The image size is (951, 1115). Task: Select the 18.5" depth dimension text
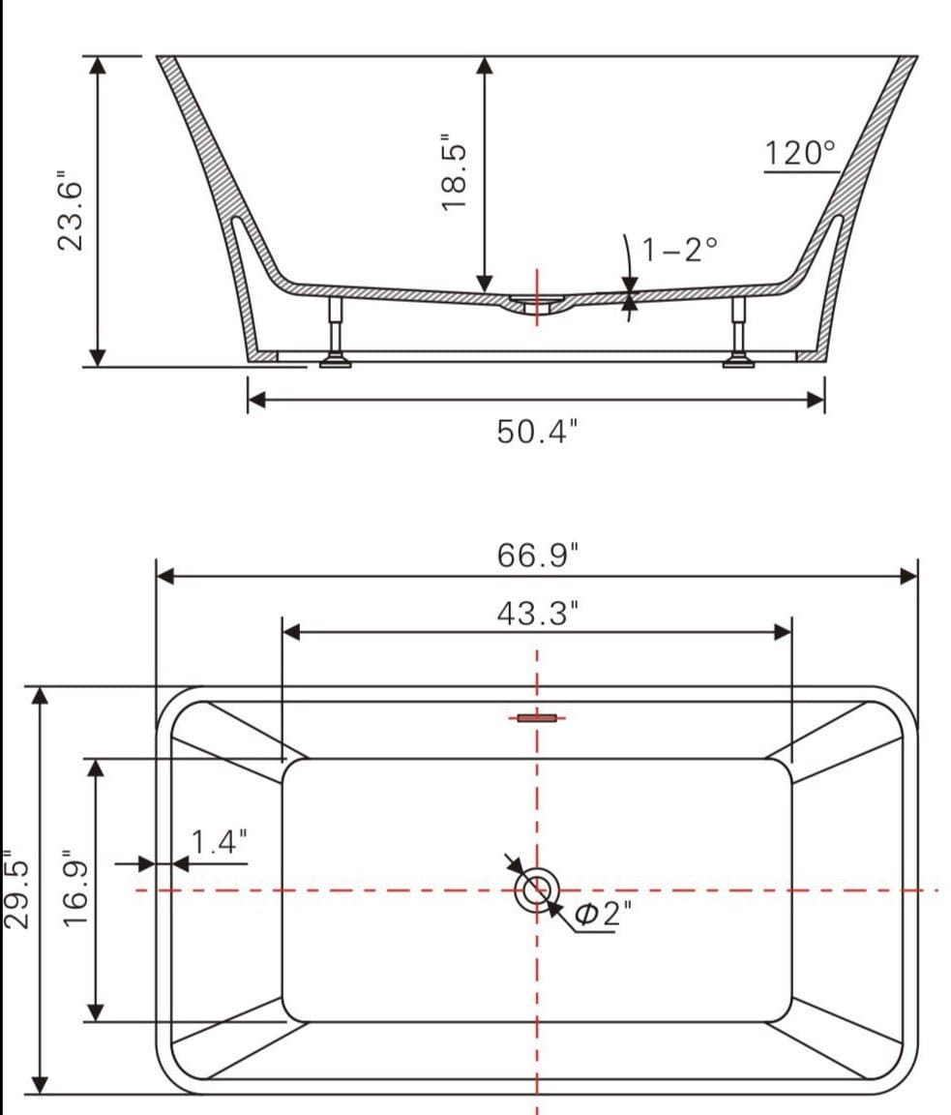pyautogui.click(x=454, y=172)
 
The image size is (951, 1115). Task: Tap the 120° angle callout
pyautogui.click(x=799, y=153)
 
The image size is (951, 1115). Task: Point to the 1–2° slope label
pyautogui.click(x=681, y=250)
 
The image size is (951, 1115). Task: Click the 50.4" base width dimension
pyautogui.click(x=537, y=432)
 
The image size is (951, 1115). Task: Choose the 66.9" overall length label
pyautogui.click(x=537, y=556)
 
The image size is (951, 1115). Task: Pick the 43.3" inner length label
pyautogui.click(x=537, y=613)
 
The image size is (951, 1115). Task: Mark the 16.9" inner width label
pyautogui.click(x=76, y=889)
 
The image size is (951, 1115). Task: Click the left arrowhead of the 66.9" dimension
pyautogui.click(x=164, y=577)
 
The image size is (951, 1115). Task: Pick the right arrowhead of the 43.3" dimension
pyautogui.click(x=784, y=632)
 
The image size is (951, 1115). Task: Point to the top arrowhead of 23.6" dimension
pyautogui.click(x=97, y=64)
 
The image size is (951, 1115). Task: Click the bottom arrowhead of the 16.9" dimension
pyautogui.click(x=95, y=1012)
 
